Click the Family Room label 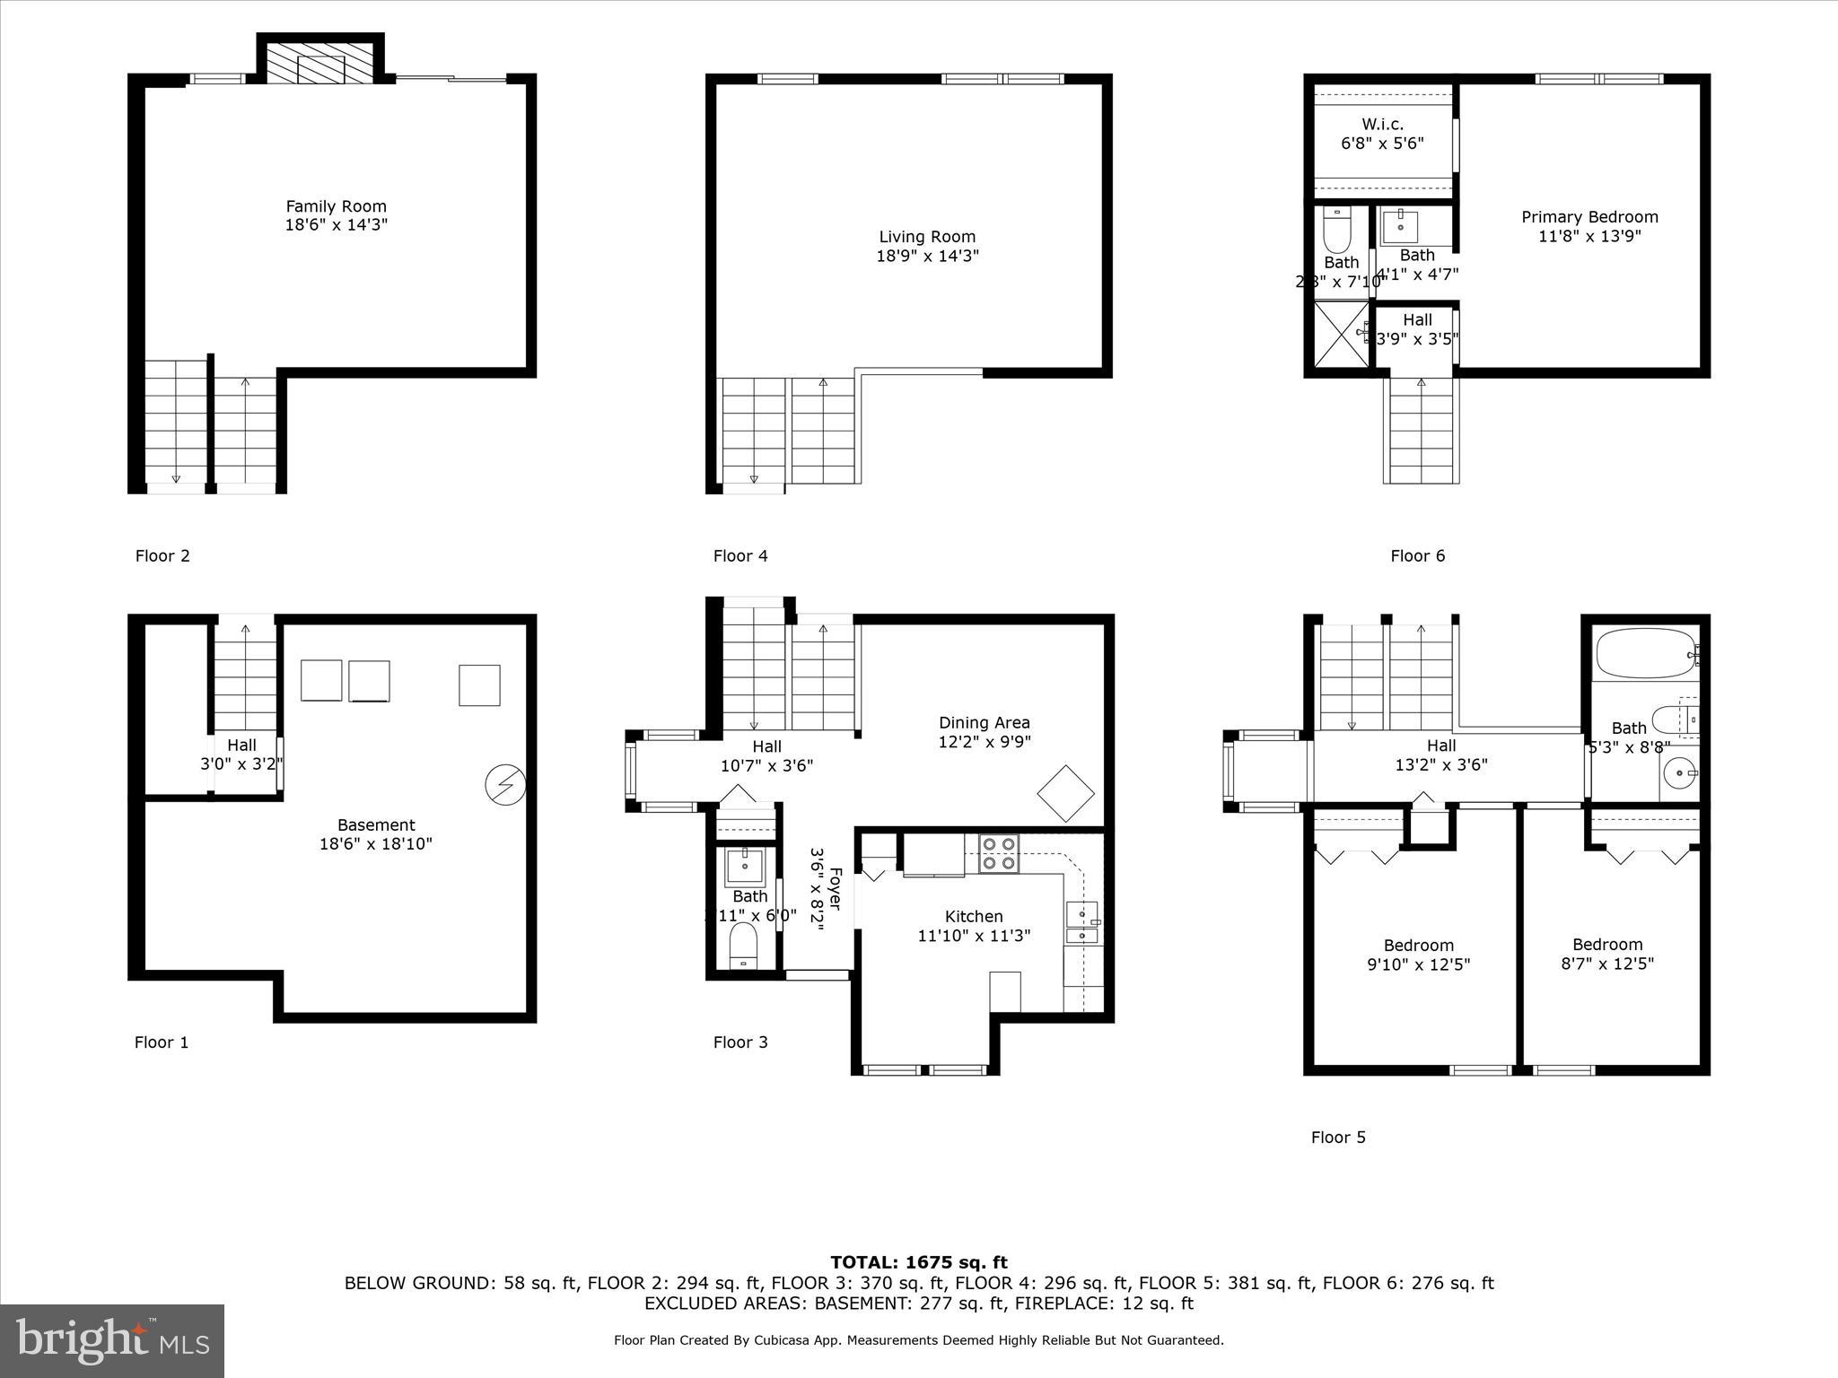(336, 206)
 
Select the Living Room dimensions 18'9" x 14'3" (927, 257)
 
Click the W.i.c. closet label (1382, 125)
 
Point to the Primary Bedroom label (1589, 217)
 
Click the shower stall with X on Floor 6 (1342, 334)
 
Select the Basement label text (376, 825)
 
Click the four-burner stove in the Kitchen (999, 853)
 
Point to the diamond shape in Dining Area (1066, 793)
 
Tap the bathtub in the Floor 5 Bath (1643, 653)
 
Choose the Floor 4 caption (740, 556)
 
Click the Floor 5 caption (1338, 1138)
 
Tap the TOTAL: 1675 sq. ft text (918, 1263)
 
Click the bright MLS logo (112, 1340)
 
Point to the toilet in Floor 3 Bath (743, 946)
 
